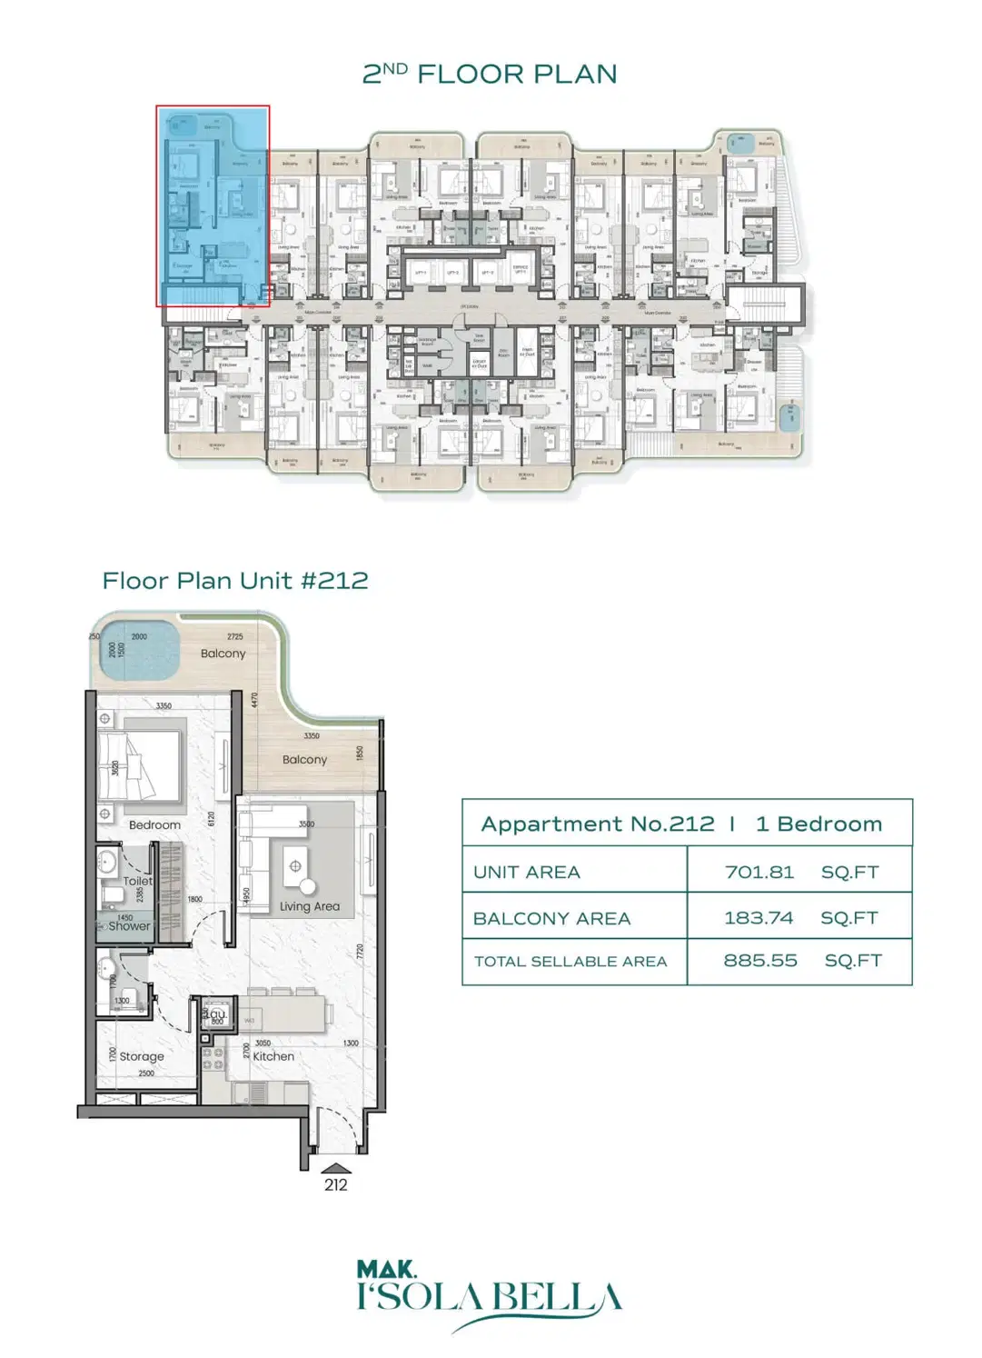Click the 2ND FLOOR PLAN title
pos(490,74)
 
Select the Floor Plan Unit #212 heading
pos(235,581)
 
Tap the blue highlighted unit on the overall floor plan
pos(213,205)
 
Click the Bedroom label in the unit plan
pos(154,825)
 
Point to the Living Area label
pos(309,906)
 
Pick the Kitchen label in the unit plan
pos(273,1056)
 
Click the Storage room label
pos(142,1056)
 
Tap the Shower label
pos(129,927)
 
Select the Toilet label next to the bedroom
pos(138,881)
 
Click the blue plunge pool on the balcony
pos(138,650)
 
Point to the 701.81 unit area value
pos(759,873)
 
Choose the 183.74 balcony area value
pos(759,918)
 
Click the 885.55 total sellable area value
pos(760,961)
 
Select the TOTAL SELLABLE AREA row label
pos(570,962)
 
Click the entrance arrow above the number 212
pos(335,1169)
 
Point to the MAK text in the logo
pos(386,1269)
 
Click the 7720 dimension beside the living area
pos(360,952)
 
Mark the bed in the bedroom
pos(141,767)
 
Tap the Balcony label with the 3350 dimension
pos(304,760)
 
